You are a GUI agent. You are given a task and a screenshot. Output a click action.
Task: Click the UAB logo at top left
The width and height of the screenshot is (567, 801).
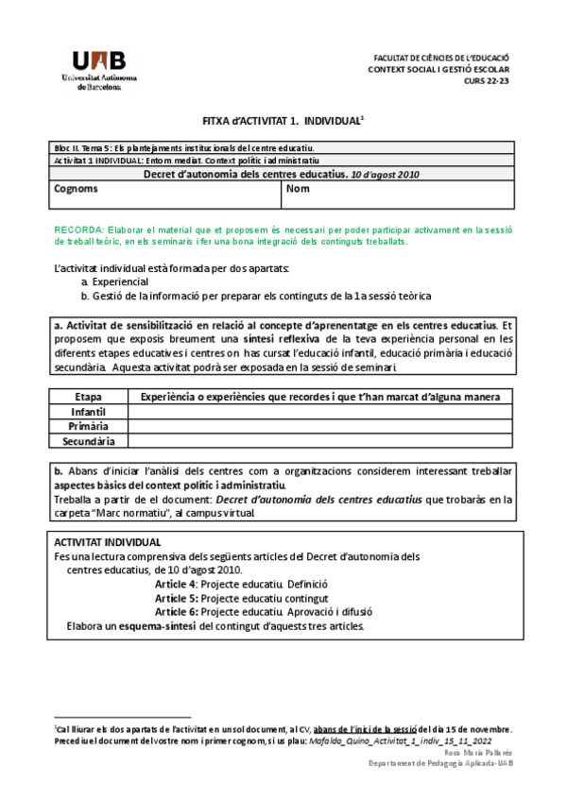click(x=98, y=67)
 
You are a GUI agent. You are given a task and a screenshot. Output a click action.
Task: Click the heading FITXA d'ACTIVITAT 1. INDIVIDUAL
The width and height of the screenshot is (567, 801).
click(x=283, y=123)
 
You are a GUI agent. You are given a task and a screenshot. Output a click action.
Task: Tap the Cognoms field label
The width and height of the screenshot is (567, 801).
click(x=76, y=189)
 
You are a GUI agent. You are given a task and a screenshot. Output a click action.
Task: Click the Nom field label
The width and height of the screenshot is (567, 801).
click(x=298, y=189)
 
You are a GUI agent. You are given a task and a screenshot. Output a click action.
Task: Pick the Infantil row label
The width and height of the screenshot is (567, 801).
click(x=88, y=412)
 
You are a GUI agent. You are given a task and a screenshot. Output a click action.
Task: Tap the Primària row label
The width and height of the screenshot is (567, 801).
click(x=88, y=426)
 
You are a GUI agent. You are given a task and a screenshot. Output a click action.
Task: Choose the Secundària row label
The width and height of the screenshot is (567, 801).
click(x=88, y=440)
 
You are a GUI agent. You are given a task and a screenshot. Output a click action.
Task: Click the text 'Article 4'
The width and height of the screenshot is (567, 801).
click(x=176, y=584)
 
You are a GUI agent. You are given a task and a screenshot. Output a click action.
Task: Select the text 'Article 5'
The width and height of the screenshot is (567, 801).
click(x=176, y=598)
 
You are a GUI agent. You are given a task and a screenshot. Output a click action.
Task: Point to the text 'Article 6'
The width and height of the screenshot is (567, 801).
click(x=176, y=611)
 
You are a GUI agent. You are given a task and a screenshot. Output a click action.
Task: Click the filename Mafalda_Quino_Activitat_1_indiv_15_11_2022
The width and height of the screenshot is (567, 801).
click(x=404, y=741)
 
